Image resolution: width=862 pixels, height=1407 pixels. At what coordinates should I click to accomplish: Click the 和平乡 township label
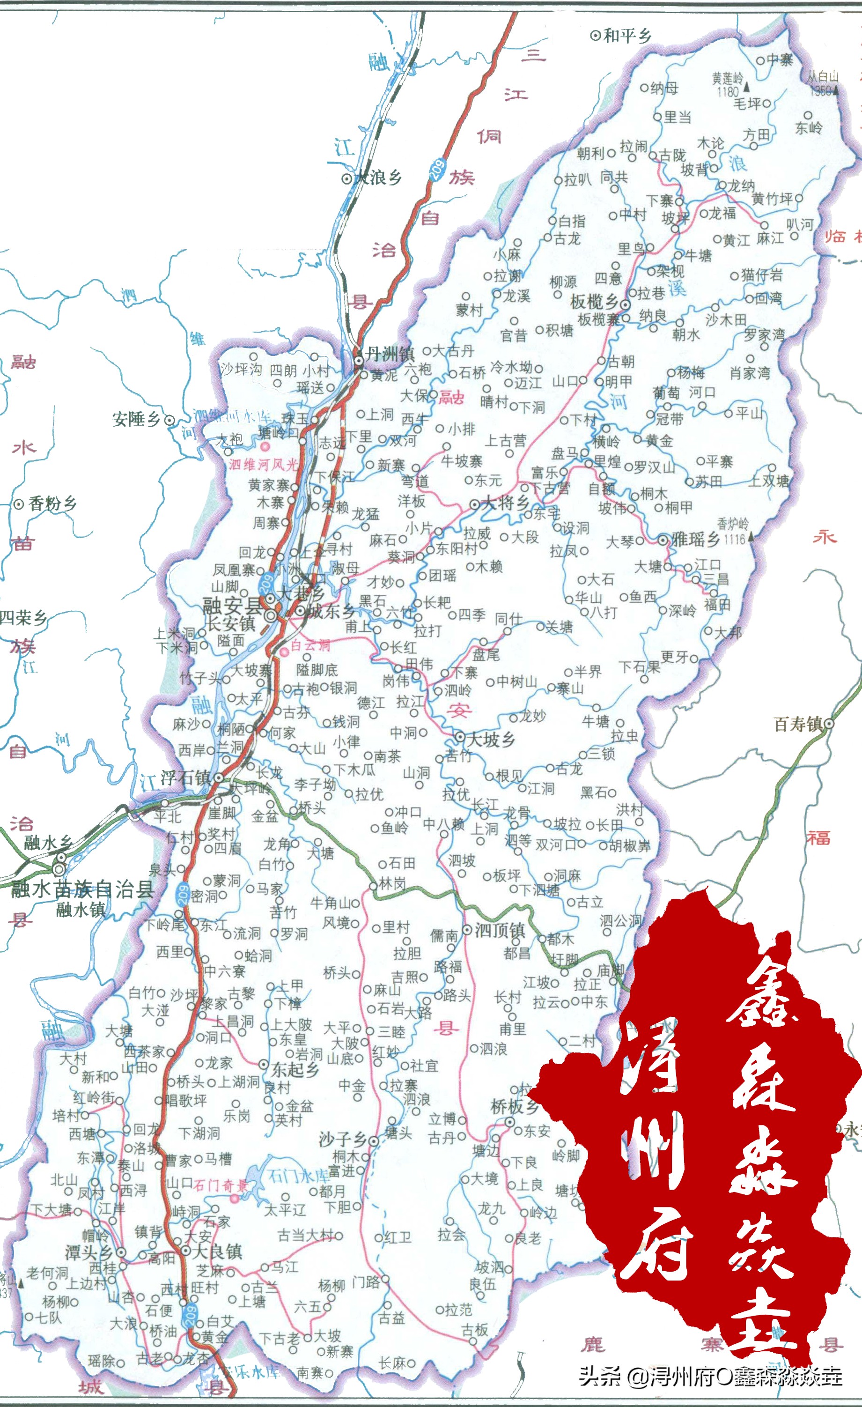(627, 36)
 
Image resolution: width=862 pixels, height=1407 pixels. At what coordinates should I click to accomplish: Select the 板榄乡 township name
(594, 301)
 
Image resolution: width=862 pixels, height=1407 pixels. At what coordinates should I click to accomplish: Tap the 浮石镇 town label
(185, 777)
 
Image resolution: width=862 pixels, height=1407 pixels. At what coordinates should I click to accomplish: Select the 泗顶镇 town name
(500, 930)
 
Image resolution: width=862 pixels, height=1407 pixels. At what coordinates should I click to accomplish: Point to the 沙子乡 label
(343, 1140)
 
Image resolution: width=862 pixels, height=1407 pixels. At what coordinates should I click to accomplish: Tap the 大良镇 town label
(217, 1251)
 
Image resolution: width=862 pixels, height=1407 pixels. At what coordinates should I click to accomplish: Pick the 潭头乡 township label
(89, 1253)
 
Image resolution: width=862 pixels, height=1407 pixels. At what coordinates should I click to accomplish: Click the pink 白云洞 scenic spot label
(310, 645)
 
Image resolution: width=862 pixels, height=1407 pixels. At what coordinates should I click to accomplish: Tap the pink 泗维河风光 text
(264, 464)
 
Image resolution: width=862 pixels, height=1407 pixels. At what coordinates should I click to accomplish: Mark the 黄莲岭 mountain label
(727, 78)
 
